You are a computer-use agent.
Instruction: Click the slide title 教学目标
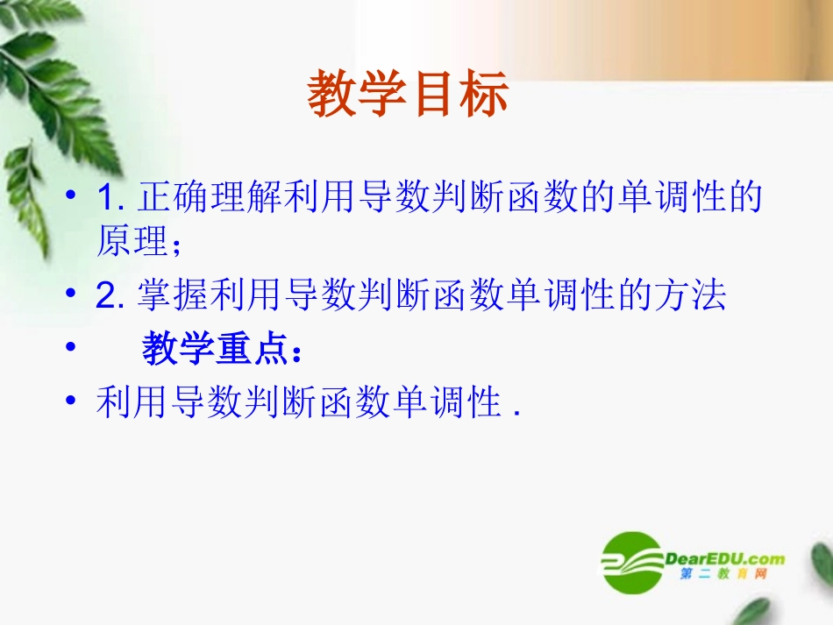click(408, 96)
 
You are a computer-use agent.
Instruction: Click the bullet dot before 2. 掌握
click(72, 295)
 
